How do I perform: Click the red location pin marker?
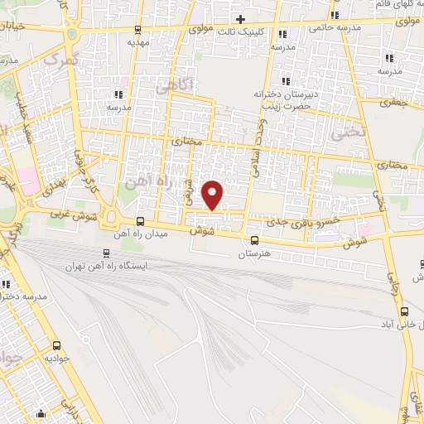pos(214,194)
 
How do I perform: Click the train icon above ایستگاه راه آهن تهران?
pos(105,253)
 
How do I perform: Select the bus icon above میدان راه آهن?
pos(139,221)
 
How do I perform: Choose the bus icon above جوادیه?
pos(56,345)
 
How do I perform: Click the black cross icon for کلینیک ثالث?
pos(240,19)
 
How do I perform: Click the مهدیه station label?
pos(137,40)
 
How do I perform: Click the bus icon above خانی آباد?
pos(403,311)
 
